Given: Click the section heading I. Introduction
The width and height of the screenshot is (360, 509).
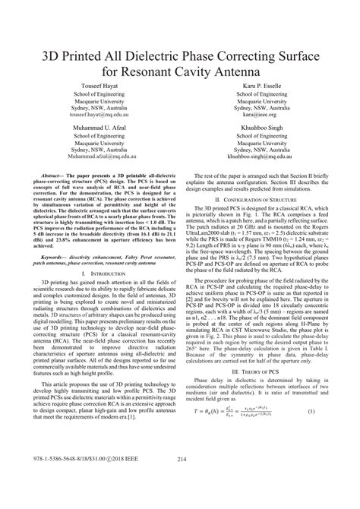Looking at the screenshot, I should pos(96,271).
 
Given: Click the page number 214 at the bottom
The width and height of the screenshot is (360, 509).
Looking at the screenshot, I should pos(181,480).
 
